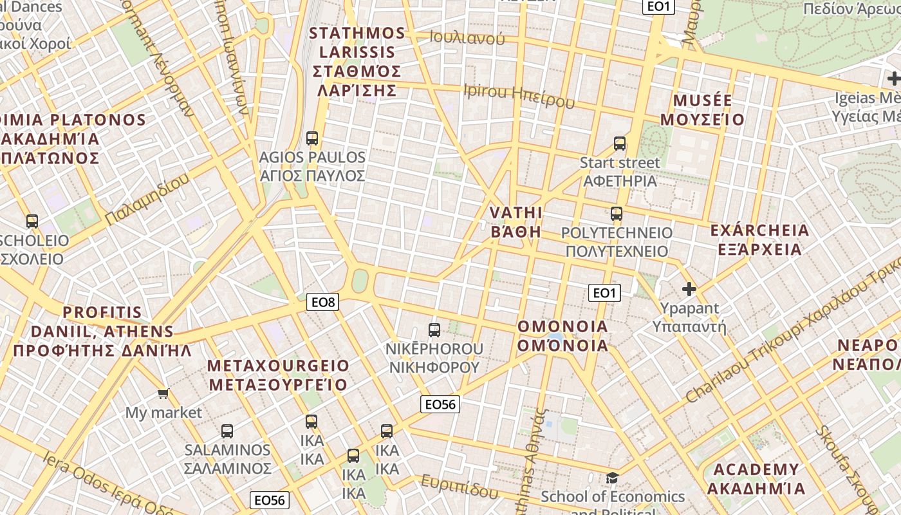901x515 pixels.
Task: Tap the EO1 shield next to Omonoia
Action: tap(604, 293)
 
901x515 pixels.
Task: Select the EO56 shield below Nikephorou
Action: tap(440, 404)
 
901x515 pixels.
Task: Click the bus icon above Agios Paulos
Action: tap(312, 138)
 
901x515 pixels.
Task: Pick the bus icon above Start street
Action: tap(620, 143)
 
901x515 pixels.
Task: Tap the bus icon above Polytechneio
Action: tap(617, 214)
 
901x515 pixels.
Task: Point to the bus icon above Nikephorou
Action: tap(434, 330)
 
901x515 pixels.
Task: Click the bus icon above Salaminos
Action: tap(227, 431)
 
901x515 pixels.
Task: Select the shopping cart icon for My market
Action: tap(163, 393)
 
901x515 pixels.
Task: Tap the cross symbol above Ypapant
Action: tap(689, 289)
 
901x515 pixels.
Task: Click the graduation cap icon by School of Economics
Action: tap(612, 478)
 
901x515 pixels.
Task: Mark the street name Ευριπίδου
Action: tap(460, 486)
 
